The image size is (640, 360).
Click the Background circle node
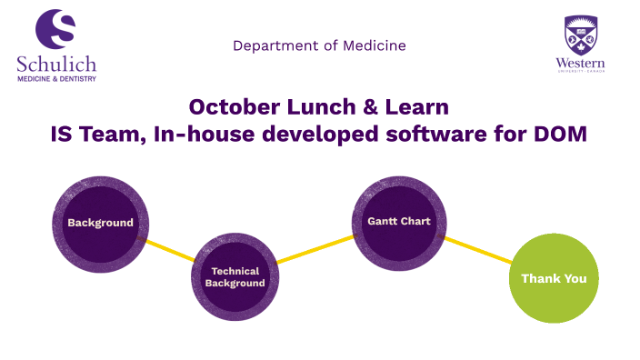pos(100,223)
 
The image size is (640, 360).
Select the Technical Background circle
pos(235,276)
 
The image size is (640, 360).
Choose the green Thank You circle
pos(553,278)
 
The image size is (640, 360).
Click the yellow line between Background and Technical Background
pos(171,251)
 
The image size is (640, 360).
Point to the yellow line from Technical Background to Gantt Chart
pos(315,250)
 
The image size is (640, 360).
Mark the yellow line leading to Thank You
pos(478,250)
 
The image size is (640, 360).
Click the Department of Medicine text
pos(319,45)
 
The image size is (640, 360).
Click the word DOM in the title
pos(561,135)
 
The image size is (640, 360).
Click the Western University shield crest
pos(581,35)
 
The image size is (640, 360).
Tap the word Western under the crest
pos(581,63)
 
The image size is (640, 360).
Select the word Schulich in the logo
pos(55,64)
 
